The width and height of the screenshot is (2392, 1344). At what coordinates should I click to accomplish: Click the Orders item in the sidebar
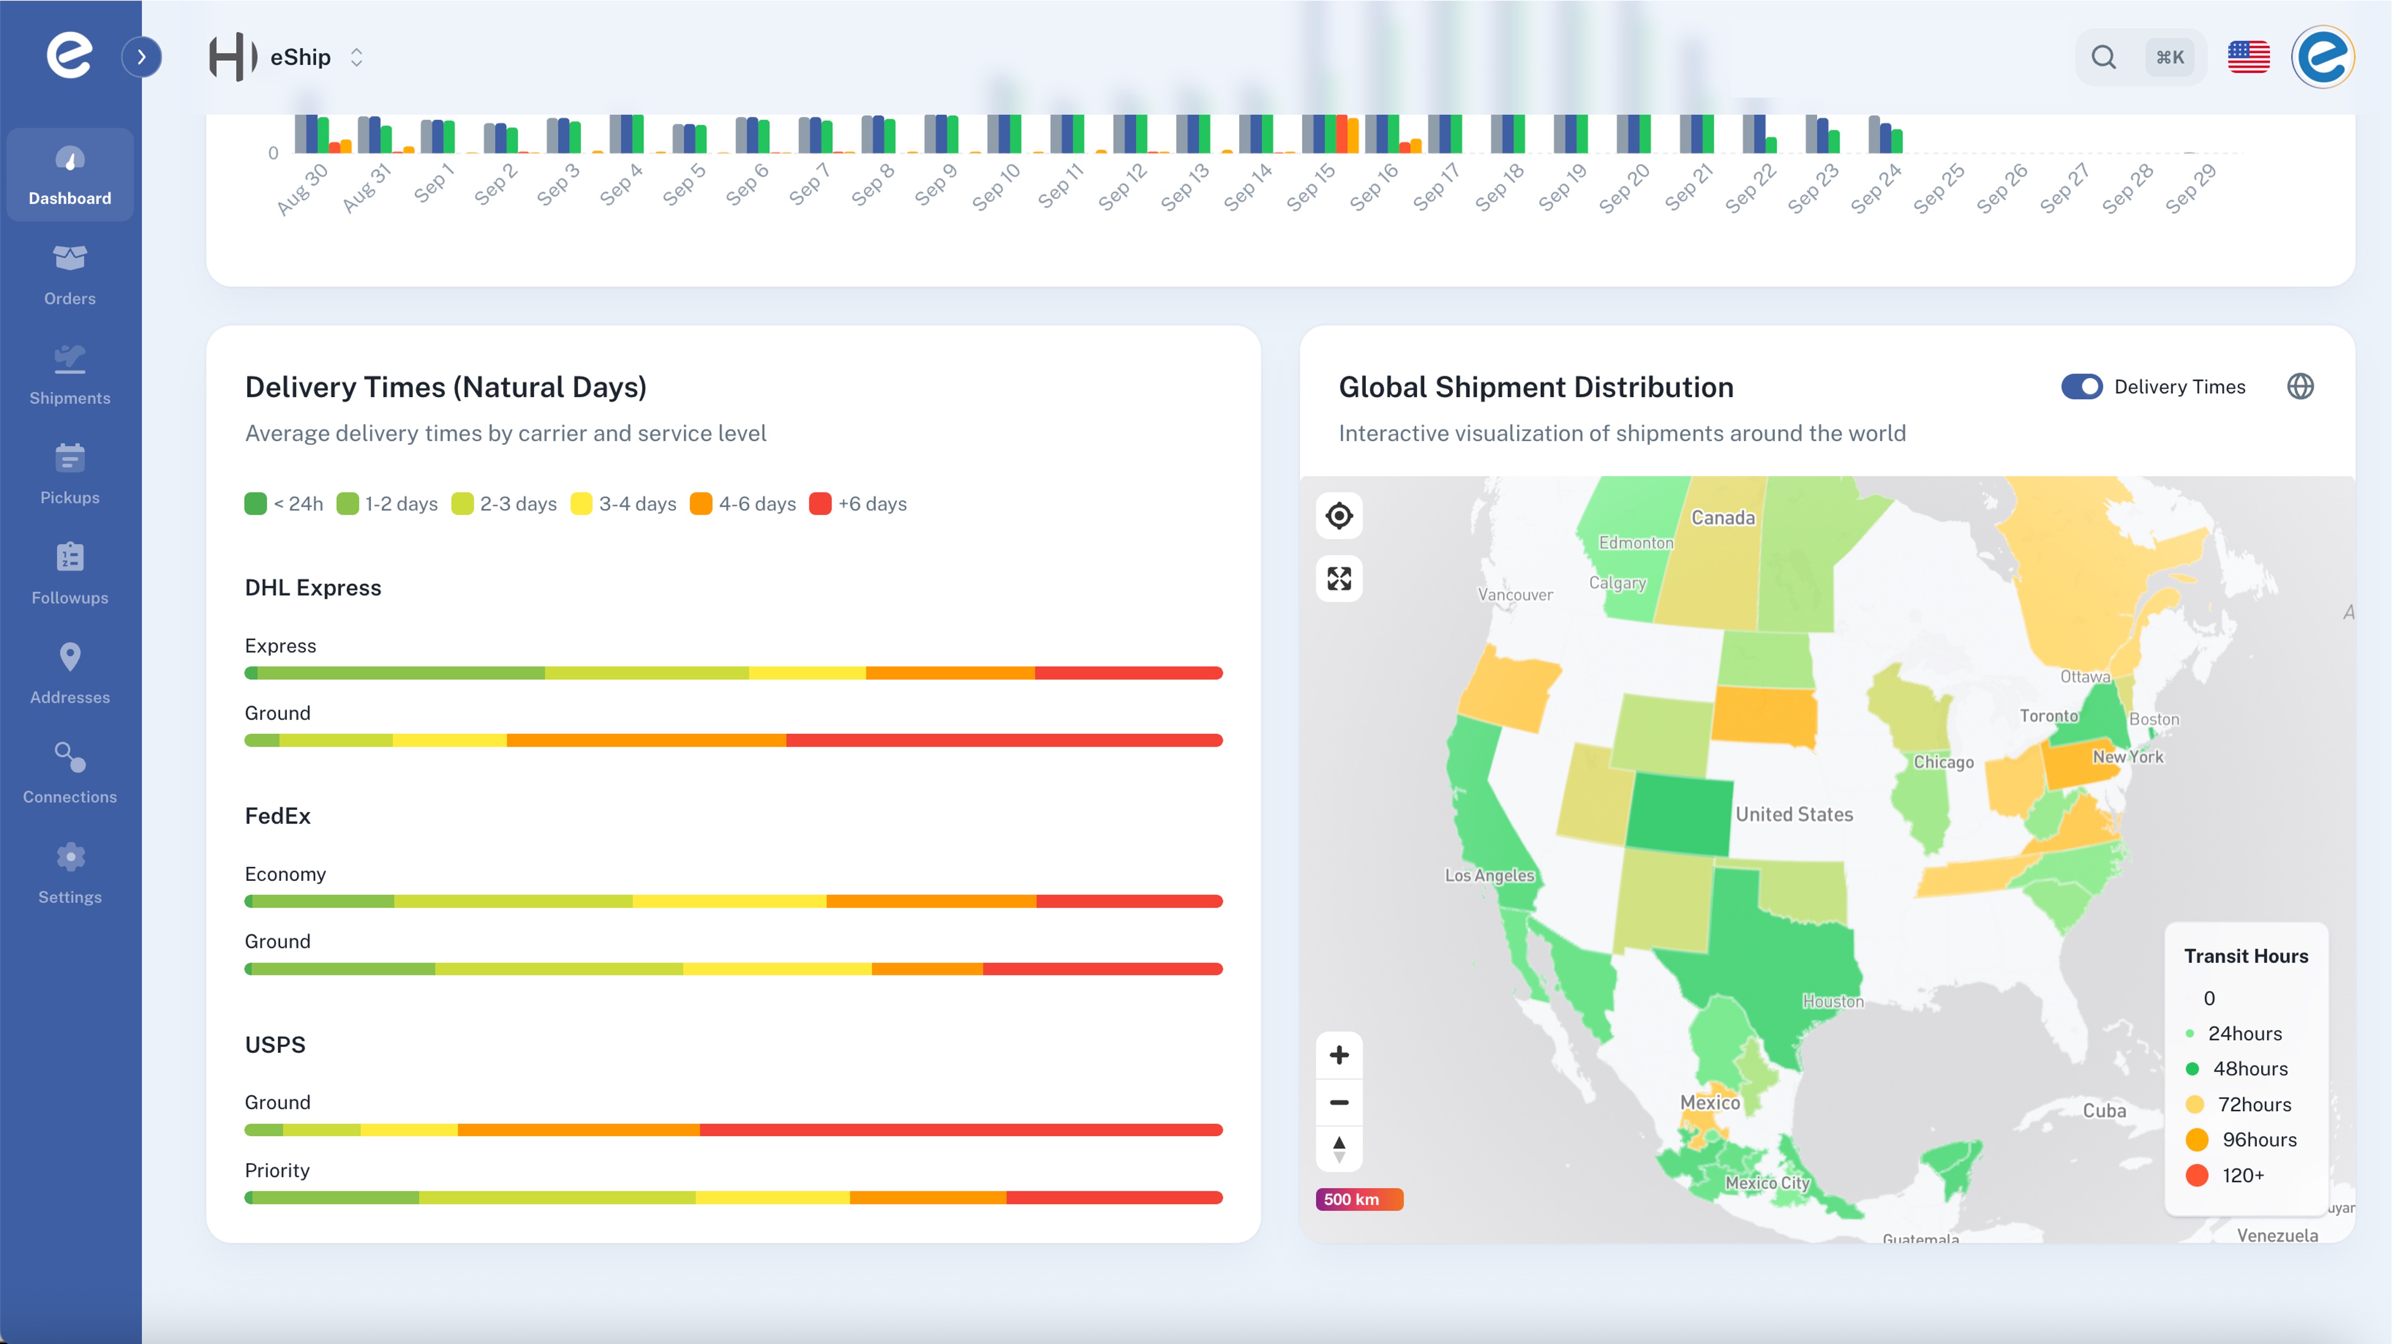tap(70, 273)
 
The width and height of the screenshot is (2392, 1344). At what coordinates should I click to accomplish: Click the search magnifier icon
tap(2103, 57)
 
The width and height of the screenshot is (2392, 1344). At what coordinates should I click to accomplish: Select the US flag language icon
tap(2248, 57)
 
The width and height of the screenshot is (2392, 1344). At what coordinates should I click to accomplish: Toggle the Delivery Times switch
tap(2081, 386)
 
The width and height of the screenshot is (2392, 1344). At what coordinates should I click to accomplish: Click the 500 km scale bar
tap(1358, 1199)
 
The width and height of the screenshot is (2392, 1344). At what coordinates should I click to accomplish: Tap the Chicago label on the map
tap(1942, 762)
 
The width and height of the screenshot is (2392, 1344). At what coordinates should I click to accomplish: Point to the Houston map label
tap(1832, 1002)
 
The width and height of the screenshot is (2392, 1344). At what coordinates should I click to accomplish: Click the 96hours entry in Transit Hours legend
tap(2258, 1139)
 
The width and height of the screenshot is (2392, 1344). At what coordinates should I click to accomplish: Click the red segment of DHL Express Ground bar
tap(1003, 740)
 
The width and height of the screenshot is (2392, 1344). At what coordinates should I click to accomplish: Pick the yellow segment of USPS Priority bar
tap(772, 1197)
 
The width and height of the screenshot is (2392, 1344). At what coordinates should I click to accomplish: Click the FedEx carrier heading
tap(277, 815)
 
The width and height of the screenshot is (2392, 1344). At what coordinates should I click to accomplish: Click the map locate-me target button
tap(1338, 516)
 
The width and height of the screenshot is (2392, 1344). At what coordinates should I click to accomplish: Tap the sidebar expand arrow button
tap(141, 57)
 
